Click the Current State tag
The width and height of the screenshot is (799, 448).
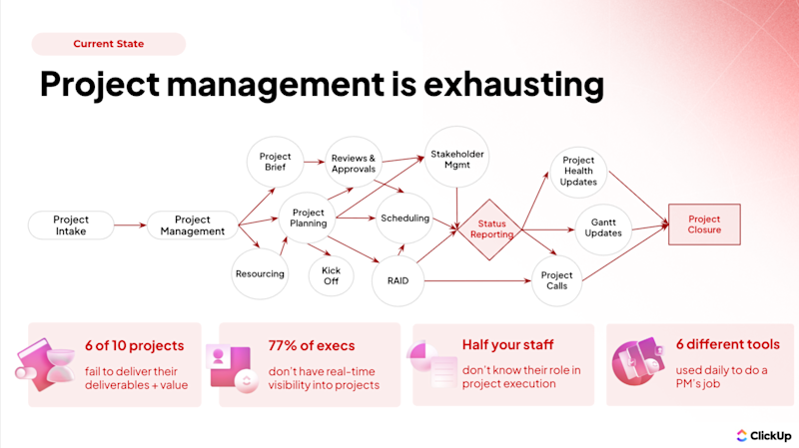[x=108, y=44]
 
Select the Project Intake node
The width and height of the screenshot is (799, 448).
[x=71, y=225]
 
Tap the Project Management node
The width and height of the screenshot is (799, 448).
[x=193, y=225]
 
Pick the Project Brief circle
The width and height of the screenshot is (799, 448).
[x=275, y=163]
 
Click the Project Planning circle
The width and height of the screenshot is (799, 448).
[x=309, y=219]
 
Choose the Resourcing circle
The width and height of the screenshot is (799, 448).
[x=260, y=273]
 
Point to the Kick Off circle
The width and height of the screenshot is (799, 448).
[x=332, y=273]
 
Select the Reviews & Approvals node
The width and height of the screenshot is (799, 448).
[x=353, y=163]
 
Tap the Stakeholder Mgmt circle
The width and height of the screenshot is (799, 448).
[x=456, y=160]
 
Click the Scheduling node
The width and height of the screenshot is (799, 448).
[x=404, y=219]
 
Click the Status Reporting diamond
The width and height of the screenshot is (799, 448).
[x=493, y=228]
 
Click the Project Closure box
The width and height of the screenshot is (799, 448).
[x=704, y=224]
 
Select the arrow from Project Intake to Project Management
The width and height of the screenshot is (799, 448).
[x=129, y=225]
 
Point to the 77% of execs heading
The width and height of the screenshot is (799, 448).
[x=312, y=345]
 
